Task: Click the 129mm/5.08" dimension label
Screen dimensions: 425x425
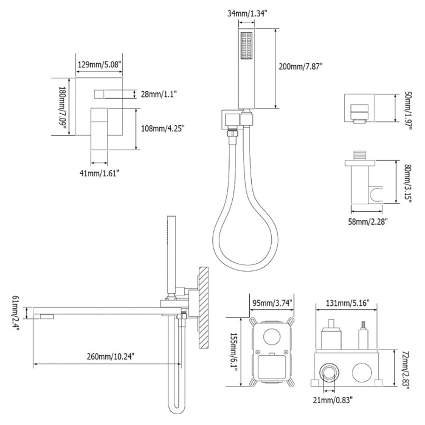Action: point(99,65)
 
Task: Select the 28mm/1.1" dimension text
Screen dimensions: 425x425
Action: point(159,94)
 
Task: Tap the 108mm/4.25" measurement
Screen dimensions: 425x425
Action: point(163,129)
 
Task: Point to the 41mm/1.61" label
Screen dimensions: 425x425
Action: point(99,173)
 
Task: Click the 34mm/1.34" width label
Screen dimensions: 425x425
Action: point(247,14)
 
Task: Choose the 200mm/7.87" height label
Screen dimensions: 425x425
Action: point(300,66)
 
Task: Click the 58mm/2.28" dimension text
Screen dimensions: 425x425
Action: point(368,222)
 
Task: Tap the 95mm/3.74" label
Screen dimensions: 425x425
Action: point(272,303)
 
